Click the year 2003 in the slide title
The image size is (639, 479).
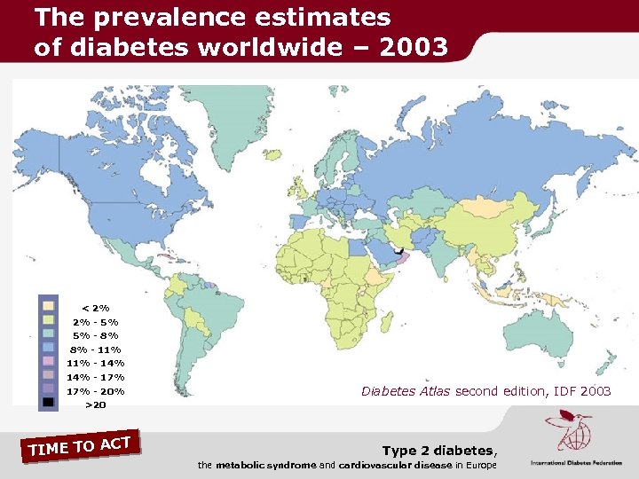click(x=415, y=47)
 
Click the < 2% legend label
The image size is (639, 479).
click(x=96, y=308)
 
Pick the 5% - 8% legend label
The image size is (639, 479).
click(x=96, y=335)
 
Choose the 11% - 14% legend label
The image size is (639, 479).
click(x=96, y=363)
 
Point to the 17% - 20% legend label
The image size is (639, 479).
click(x=96, y=391)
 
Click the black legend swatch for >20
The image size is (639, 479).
click(x=49, y=404)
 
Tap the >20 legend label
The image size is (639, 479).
click(x=96, y=405)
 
